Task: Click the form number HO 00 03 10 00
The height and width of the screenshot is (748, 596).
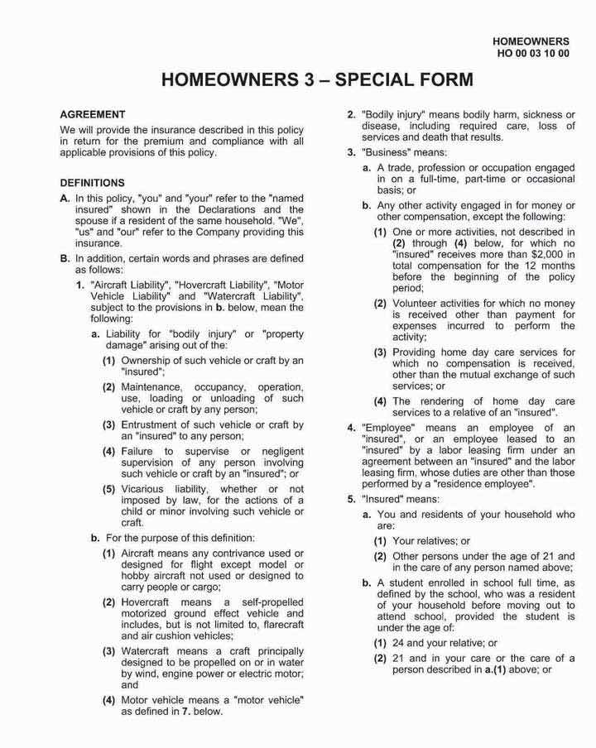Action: (x=532, y=53)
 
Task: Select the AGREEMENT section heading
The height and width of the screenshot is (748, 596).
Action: (x=93, y=114)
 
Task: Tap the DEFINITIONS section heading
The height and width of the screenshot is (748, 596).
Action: (x=93, y=183)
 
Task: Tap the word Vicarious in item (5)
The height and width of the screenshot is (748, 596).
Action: (x=145, y=488)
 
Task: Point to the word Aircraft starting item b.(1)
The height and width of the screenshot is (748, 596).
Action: (x=142, y=552)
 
